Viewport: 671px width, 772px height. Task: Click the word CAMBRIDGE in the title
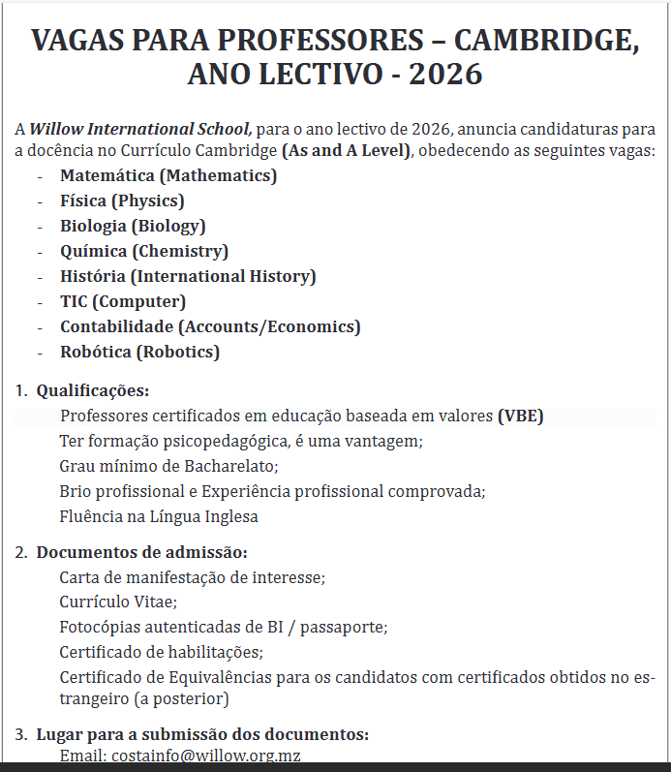547,41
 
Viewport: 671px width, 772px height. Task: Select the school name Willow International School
140,128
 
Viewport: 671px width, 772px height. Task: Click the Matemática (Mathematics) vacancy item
168,175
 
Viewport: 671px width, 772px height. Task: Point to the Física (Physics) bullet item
122,201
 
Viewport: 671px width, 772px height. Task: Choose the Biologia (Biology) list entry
133,226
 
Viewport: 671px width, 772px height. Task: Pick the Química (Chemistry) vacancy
144,251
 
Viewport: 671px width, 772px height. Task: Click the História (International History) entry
188,276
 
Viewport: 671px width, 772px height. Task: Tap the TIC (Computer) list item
123,301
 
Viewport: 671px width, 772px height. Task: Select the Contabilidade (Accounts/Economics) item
210,326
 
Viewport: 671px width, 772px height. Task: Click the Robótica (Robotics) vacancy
139,352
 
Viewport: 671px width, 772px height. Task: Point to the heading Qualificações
93,391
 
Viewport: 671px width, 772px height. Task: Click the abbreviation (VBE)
521,417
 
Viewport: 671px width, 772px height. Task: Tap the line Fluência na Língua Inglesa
159,516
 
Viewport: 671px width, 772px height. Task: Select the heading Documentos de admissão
141,552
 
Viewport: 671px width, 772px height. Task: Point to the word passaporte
343,627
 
